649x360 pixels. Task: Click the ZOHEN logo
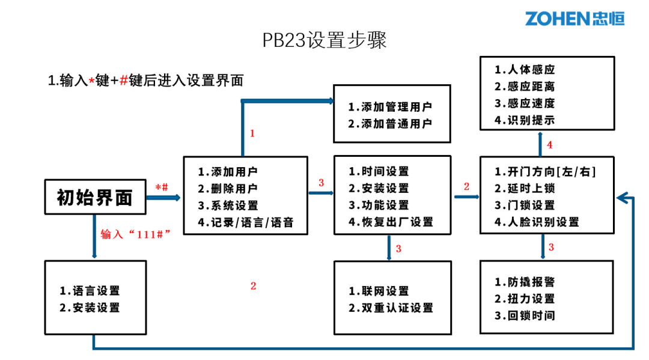pos(574,18)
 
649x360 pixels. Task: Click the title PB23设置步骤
pos(324,40)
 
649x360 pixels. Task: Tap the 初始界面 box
pos(95,197)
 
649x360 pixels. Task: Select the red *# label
pos(162,187)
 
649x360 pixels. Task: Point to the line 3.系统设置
pos(228,206)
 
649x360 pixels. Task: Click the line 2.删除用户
pos(228,189)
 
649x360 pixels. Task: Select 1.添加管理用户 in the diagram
pos(390,107)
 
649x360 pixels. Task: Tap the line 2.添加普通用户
pos(390,124)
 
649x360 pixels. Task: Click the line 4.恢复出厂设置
pos(391,222)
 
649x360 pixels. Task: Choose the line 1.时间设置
pos(379,172)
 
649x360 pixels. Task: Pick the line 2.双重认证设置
pos(391,308)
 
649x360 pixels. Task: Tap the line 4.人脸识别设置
pos(537,222)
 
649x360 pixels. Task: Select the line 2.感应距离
pos(525,87)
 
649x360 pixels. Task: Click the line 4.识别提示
pos(525,120)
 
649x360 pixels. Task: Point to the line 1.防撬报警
pos(525,282)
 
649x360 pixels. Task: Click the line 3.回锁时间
pos(525,316)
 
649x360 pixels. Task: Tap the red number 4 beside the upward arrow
pos(549,145)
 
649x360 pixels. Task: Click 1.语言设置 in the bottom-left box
pos(90,291)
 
